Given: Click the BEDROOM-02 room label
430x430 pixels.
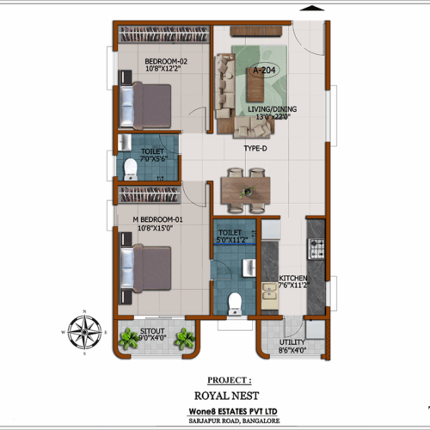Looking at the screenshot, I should (166, 61).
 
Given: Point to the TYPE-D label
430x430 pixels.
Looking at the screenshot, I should (254, 148).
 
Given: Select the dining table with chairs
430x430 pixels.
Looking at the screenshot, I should (243, 190).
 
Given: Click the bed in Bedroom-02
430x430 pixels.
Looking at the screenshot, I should (147, 105).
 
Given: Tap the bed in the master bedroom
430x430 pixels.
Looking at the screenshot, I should (147, 267).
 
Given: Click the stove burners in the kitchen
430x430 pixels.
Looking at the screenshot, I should (316, 250).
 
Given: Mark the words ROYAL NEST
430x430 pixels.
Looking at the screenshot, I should (230, 397).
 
